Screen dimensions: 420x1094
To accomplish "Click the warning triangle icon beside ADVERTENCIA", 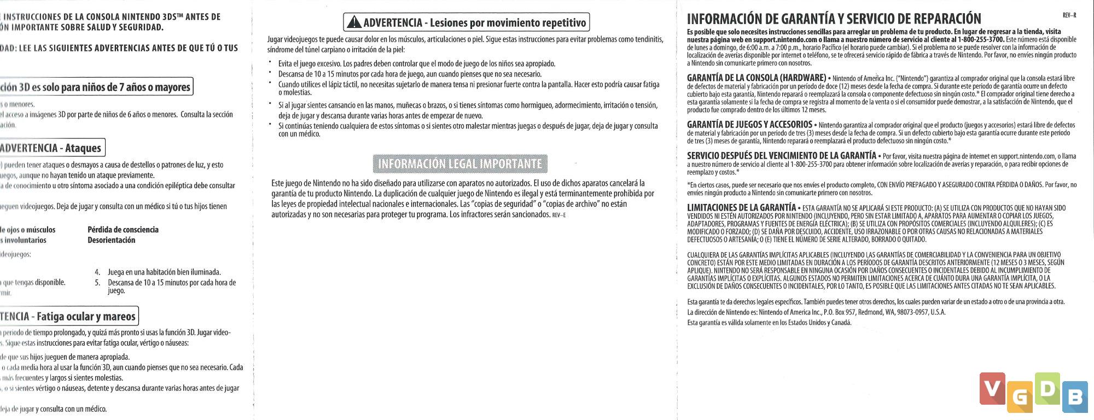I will [x=354, y=22].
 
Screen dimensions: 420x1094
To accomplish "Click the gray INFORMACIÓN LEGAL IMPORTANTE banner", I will [x=460, y=164].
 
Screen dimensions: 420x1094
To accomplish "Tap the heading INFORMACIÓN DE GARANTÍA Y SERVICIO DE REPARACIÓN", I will [x=834, y=19].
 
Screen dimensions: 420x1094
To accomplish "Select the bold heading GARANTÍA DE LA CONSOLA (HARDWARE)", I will [x=756, y=78].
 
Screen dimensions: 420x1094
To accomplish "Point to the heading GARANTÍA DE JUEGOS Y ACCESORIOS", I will [x=749, y=125].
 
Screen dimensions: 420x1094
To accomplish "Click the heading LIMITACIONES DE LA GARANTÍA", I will [x=741, y=208].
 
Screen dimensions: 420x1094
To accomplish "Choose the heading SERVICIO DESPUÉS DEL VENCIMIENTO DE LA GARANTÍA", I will [x=781, y=156].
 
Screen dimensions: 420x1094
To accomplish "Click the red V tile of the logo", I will [x=992, y=388].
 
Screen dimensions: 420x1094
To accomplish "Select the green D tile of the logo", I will [x=1047, y=388].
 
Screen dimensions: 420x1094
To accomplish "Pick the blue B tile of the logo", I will [x=1075, y=397].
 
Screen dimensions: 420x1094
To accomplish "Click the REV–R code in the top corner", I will [x=1069, y=16].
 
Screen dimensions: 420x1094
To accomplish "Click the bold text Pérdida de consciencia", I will [x=123, y=230].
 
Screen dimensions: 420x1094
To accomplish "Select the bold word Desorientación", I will [x=111, y=240].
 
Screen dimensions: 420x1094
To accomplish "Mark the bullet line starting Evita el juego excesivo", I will [x=416, y=64].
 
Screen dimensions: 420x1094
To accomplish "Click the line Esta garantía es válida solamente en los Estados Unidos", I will [x=769, y=323].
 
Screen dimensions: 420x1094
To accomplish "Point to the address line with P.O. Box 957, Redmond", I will [x=816, y=312].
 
